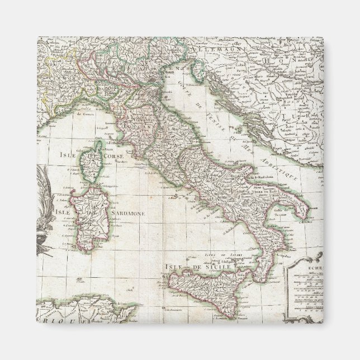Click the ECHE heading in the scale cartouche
pos(304,268)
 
